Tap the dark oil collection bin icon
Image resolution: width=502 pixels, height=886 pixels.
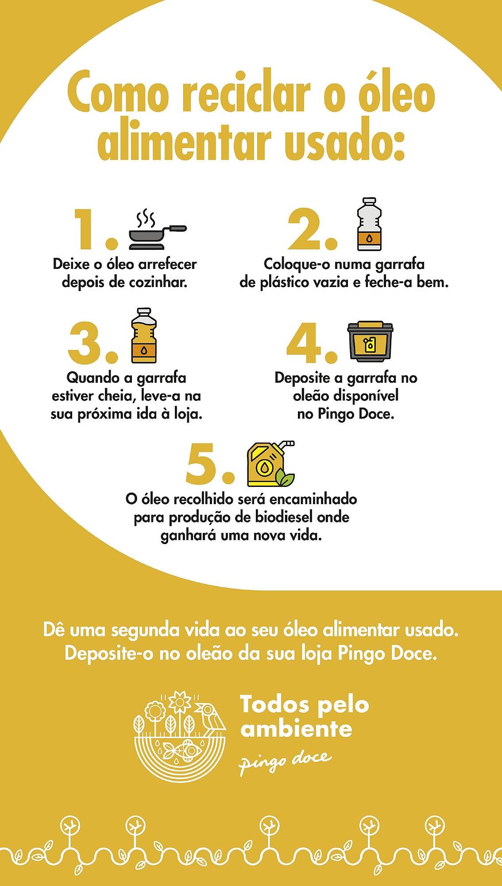pyautogui.click(x=370, y=341)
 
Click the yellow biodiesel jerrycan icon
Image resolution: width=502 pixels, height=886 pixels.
pyautogui.click(x=269, y=464)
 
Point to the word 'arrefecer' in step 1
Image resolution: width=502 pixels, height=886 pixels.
pyautogui.click(x=168, y=264)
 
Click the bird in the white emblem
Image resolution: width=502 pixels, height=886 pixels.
pyautogui.click(x=211, y=717)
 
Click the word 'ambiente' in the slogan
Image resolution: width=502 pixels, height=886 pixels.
pyautogui.click(x=296, y=730)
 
